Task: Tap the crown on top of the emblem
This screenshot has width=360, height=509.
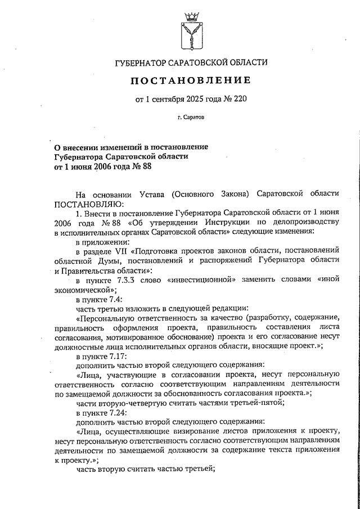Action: tap(192, 12)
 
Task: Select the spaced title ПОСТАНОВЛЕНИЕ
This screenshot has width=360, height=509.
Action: tap(191, 81)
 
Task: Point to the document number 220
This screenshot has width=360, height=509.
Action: tap(239, 100)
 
